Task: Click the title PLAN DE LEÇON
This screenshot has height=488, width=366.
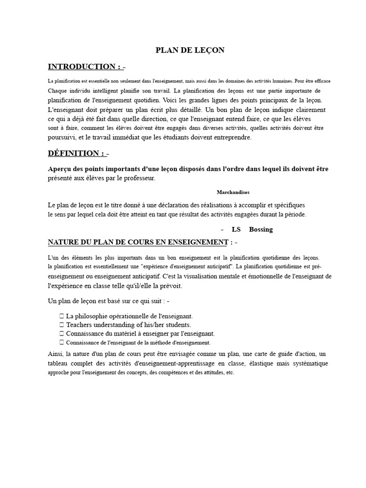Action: [x=190, y=50]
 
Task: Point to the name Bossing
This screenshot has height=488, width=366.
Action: [x=261, y=229]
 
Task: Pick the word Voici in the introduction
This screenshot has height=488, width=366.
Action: [x=173, y=100]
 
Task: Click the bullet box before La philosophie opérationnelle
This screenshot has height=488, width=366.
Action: [x=62, y=316]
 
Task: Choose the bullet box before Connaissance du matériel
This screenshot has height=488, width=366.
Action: [x=62, y=333]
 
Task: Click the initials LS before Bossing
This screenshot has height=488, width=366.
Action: [x=236, y=229]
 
